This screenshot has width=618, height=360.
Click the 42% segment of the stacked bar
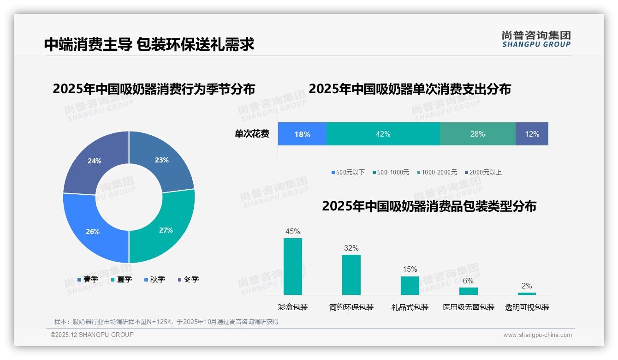pos(383,134)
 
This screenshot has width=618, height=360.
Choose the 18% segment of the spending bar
pos(302,134)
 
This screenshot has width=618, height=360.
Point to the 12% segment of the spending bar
pos(532,134)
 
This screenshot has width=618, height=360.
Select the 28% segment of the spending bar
pos(477,134)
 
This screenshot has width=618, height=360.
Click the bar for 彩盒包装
pos(293,266)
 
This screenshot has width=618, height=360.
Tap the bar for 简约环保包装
pos(351,275)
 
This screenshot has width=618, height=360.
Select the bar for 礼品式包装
pos(410,285)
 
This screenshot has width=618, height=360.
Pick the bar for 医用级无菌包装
pos(468,291)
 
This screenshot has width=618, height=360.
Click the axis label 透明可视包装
pos(527,307)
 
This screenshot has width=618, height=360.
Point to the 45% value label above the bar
pos(293,231)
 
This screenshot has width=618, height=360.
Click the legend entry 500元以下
pos(348,172)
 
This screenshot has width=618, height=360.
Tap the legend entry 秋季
pos(155,279)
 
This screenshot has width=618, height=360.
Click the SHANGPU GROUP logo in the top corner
pos(536,39)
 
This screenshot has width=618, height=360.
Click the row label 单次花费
pos(252,134)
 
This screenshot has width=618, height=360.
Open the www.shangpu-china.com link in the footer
pos(537,335)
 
